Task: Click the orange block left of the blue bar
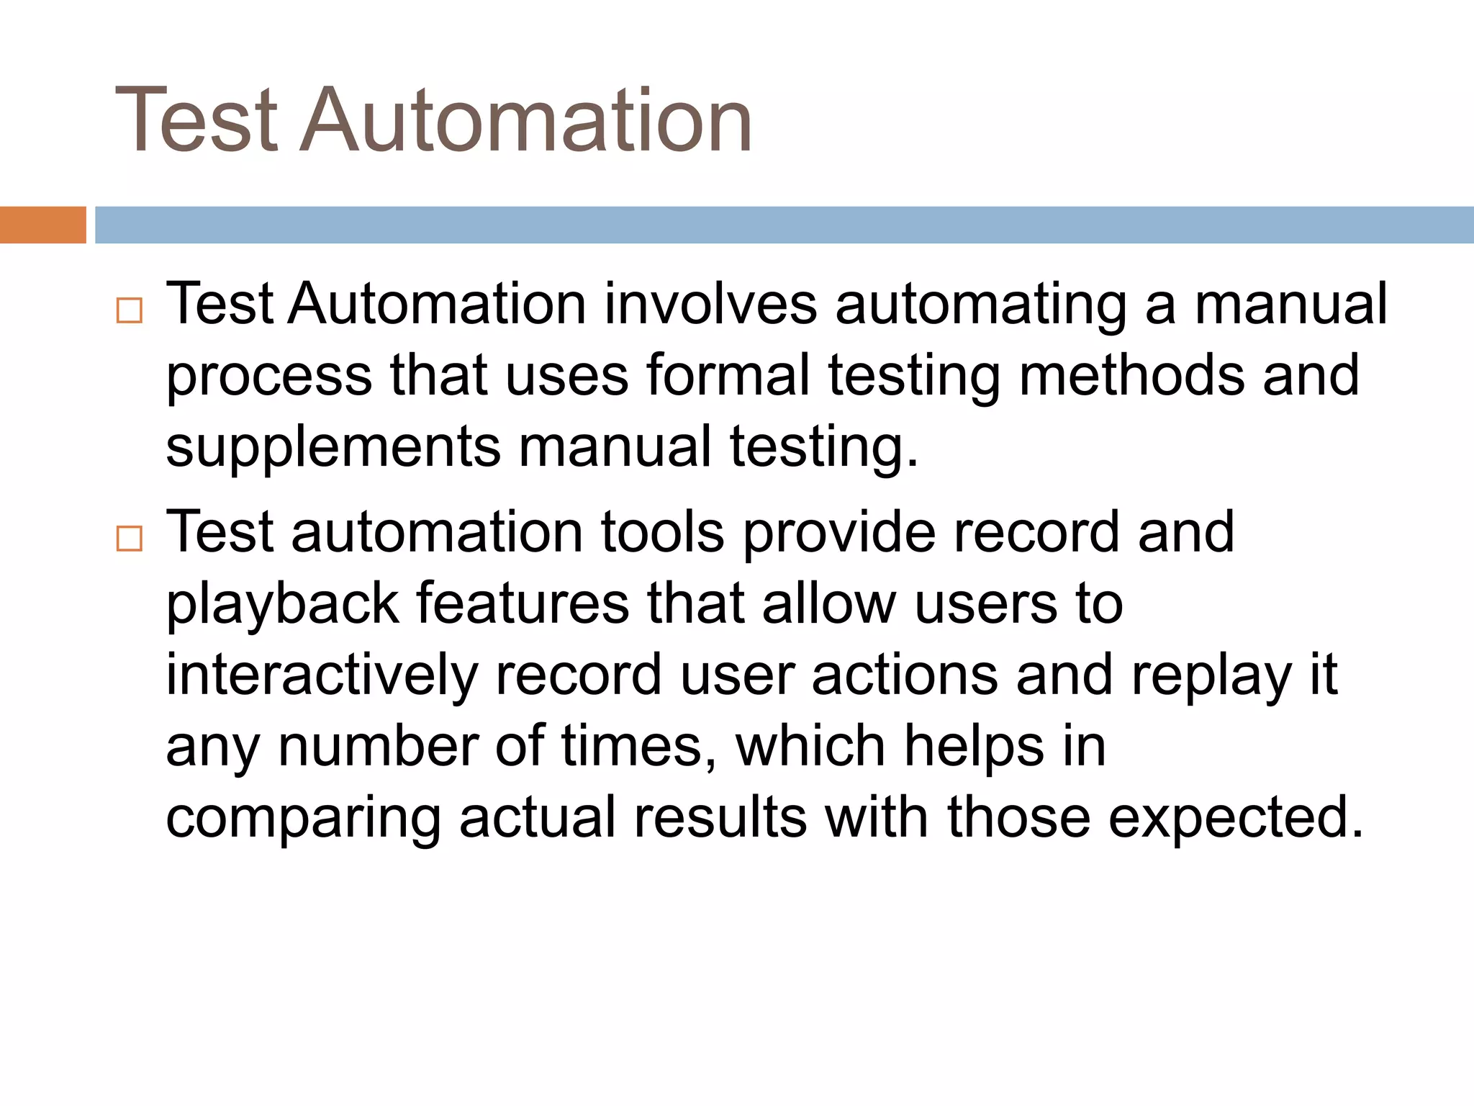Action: (42, 225)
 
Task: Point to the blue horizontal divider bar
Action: (784, 225)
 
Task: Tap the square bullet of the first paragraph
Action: (130, 311)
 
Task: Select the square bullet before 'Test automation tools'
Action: (130, 539)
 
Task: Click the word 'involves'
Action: (710, 304)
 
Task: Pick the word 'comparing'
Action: (303, 819)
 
